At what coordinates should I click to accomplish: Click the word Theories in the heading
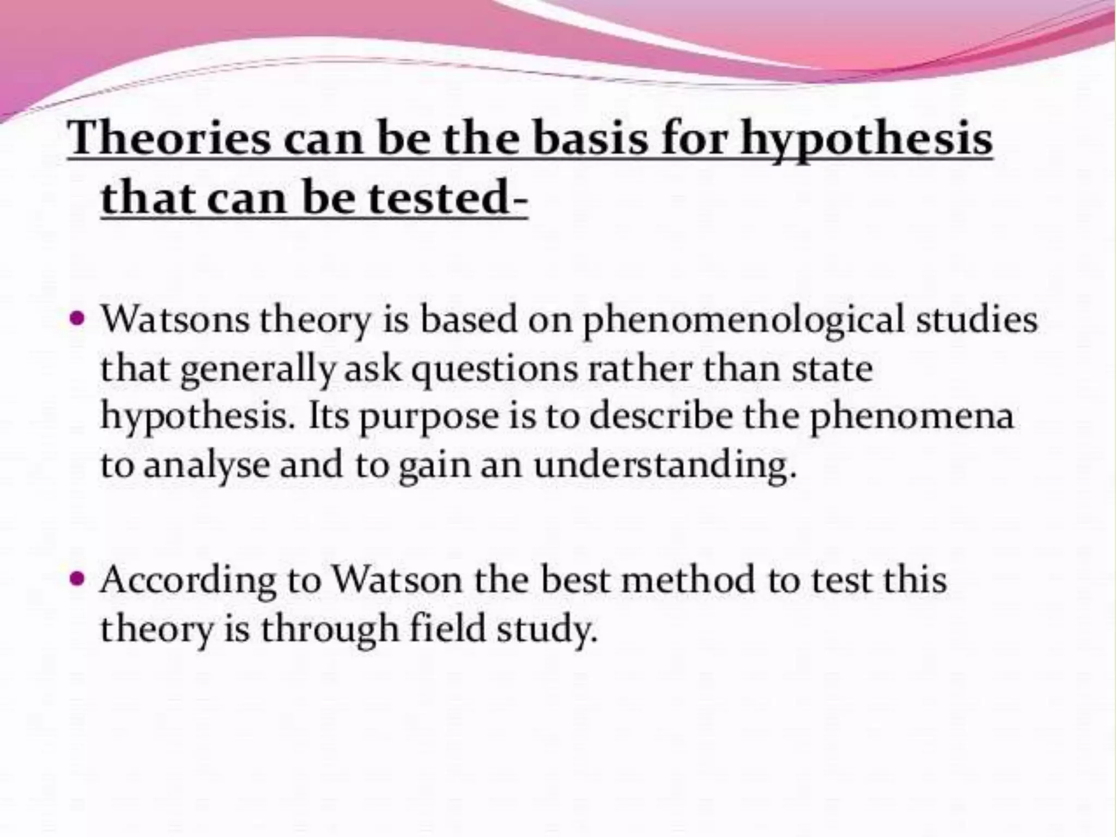click(169, 138)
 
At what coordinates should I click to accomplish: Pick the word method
click(689, 579)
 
